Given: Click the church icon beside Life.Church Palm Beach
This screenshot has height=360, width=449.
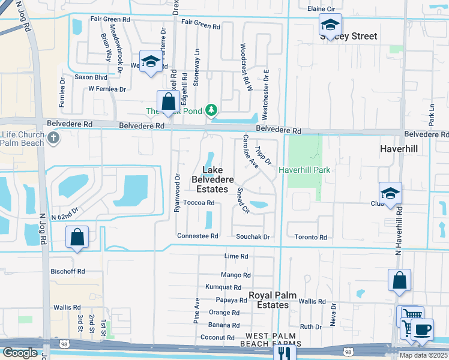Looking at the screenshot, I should (x=54, y=139).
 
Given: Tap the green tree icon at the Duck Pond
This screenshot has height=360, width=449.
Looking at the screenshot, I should (x=211, y=110).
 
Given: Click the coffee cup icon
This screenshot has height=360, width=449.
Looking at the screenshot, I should (x=421, y=329).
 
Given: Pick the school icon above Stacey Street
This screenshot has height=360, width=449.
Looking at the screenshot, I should (x=330, y=25).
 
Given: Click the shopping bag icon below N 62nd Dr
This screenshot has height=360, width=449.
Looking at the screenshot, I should (x=77, y=238).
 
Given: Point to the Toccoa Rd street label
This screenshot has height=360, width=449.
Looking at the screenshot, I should (x=199, y=203).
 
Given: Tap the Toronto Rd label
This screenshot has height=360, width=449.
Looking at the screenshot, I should (x=311, y=238).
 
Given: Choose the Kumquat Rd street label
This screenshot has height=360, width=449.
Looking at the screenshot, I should (x=223, y=287).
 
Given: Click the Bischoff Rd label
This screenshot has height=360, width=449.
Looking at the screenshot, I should (x=68, y=271).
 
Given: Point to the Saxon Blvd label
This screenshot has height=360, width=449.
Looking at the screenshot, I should (x=91, y=77).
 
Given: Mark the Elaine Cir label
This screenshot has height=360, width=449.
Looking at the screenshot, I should (x=321, y=10).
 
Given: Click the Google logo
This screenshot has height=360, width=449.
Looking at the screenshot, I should (x=19, y=353).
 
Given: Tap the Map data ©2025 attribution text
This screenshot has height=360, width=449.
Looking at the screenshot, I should (x=424, y=355).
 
